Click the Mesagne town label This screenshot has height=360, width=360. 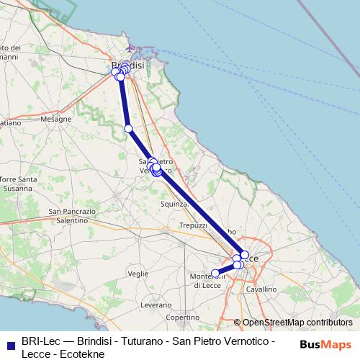coord(56,119)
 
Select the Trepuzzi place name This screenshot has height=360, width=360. coord(194,225)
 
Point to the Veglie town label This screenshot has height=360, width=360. coord(138,274)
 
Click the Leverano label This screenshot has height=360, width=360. coord(156,305)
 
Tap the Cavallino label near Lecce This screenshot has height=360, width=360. coord(261,289)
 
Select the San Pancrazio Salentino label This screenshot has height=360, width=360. coord(72,216)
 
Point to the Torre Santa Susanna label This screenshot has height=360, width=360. coord(19,184)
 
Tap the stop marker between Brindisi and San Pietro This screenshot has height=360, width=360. coord(129,129)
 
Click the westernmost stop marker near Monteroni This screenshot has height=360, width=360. coord(215,273)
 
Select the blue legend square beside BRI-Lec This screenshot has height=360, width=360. coord(10,341)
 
